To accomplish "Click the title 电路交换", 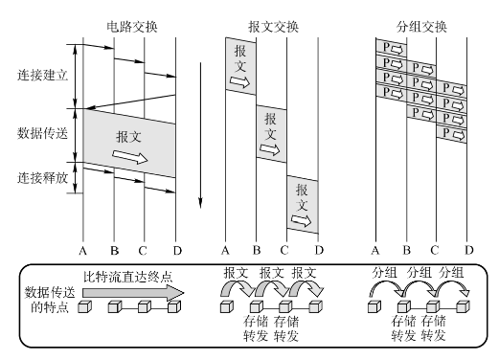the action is point(132,27).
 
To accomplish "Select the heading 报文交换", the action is point(273,27).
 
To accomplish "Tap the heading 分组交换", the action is point(421,27).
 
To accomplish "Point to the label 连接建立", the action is point(42,76).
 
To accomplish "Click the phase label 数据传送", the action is point(42,133).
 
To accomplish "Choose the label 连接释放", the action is point(42,178).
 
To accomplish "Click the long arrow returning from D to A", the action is point(130,101).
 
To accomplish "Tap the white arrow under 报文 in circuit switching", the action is point(130,156).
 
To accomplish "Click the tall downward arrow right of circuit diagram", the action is point(200,135).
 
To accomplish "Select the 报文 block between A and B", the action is point(240,66).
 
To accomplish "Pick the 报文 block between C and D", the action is point(303,204).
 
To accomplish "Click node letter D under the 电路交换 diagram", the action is point(177,251).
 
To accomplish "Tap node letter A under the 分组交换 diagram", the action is point(375,251).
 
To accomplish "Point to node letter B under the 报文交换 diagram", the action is point(257,251).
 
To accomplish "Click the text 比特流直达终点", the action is point(127,277).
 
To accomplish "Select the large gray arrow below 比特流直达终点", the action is point(133,293).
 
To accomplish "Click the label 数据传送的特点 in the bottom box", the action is point(50,300).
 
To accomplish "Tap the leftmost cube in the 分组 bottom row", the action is point(374,307).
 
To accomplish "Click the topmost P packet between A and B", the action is point(392,48).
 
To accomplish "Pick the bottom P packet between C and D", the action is point(451,134).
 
